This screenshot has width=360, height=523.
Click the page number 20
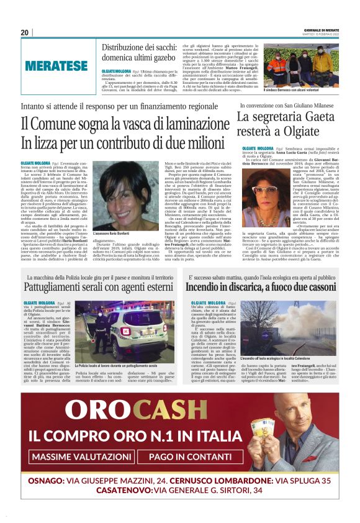coord(25,32)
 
